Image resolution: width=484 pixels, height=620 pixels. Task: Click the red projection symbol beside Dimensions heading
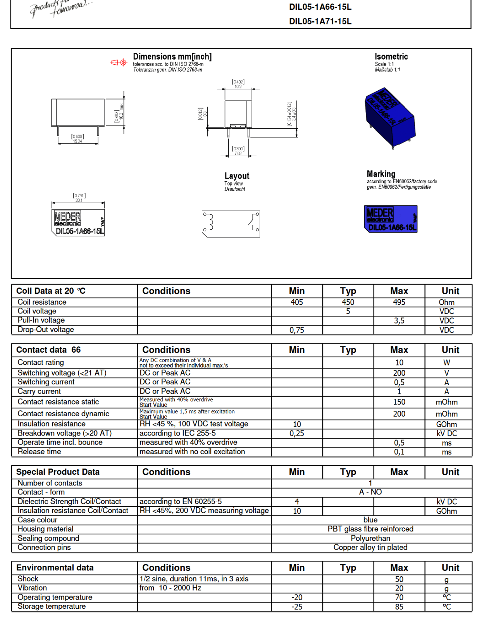click(x=119, y=62)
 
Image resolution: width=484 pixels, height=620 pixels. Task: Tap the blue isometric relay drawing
click(x=389, y=118)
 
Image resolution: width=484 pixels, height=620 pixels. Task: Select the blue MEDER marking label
click(x=391, y=219)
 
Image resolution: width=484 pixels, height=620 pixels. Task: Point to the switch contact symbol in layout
click(x=254, y=222)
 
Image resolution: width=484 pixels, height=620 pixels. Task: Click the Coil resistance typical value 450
click(x=348, y=302)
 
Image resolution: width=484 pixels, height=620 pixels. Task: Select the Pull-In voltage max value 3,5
click(x=399, y=321)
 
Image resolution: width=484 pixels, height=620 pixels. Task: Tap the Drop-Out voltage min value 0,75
click(x=296, y=330)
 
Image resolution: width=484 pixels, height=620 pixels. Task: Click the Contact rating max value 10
click(x=399, y=363)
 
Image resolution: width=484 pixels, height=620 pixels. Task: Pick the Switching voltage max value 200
click(x=399, y=373)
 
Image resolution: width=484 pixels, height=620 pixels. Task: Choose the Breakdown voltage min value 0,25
click(x=296, y=434)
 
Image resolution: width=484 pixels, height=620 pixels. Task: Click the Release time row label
click(x=40, y=452)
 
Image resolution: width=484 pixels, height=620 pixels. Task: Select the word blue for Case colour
click(x=370, y=520)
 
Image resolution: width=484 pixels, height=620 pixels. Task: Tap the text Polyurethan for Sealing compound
click(x=370, y=539)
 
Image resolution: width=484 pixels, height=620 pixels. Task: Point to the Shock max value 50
click(x=399, y=579)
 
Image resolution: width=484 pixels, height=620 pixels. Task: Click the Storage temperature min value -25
click(x=296, y=607)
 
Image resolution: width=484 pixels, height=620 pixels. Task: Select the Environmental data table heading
click(x=55, y=568)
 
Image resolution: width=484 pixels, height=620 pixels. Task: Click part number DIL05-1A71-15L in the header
click(x=320, y=21)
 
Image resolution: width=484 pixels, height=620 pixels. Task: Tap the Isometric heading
click(x=391, y=57)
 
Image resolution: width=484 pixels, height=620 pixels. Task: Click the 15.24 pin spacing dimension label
click(x=78, y=141)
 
